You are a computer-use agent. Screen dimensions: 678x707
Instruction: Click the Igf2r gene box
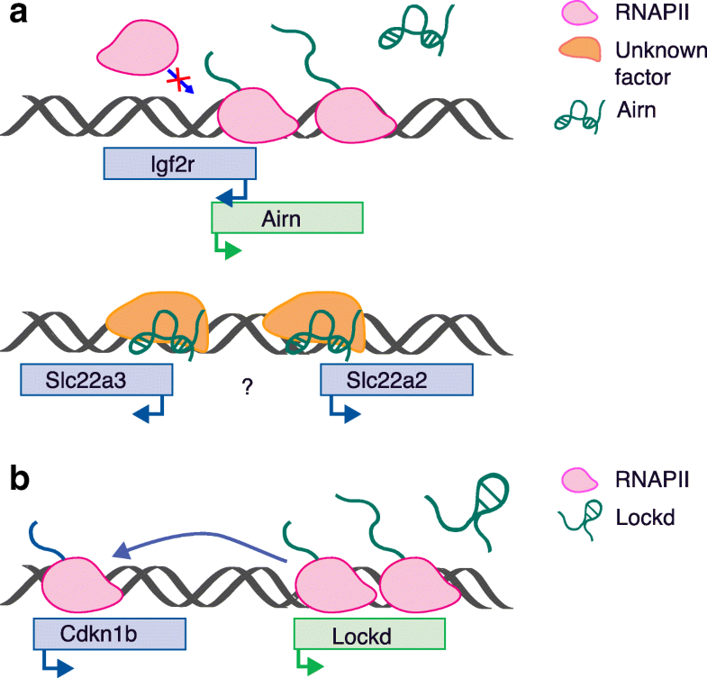coord(181,164)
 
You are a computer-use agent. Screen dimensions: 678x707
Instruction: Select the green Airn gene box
coord(286,218)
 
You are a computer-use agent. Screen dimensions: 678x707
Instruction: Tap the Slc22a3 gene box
coord(96,381)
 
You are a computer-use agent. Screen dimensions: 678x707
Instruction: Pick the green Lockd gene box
coord(369,634)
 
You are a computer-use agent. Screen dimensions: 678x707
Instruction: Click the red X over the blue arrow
coord(178,84)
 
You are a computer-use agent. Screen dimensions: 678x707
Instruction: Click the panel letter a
coord(15,17)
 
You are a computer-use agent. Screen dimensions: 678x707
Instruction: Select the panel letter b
coord(16,479)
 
